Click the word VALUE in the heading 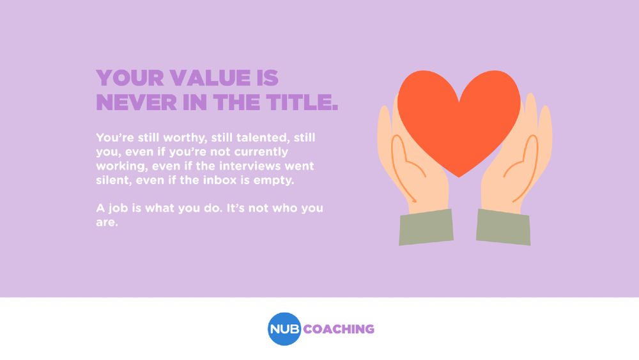click(210, 78)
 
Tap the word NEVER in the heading click(137, 102)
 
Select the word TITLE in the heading click(302, 102)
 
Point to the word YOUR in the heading click(130, 78)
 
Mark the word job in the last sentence click(118, 208)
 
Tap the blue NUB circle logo click(284, 329)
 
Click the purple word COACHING click(339, 329)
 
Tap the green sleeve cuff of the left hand click(426, 227)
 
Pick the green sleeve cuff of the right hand click(504, 227)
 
